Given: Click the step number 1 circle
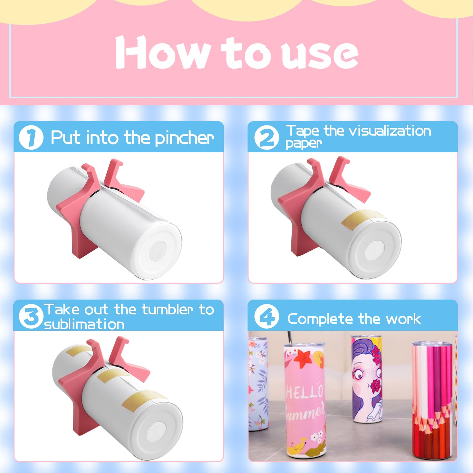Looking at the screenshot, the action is point(31,137).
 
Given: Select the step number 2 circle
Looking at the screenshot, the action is point(267,137).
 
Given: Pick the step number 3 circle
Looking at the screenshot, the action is point(31,316).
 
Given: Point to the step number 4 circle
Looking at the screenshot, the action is point(267,316).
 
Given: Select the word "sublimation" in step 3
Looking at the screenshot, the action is point(84,324).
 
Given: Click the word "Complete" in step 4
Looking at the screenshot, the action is point(320,319).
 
